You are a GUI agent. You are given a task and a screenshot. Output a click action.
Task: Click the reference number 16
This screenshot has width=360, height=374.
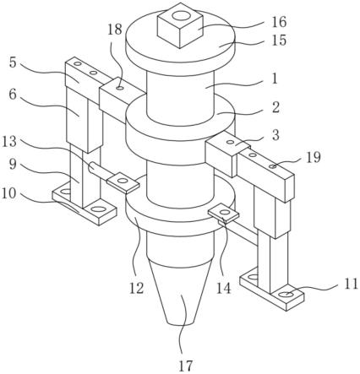[x=279, y=22]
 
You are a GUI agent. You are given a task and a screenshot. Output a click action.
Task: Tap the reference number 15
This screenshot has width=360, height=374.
[x=279, y=41]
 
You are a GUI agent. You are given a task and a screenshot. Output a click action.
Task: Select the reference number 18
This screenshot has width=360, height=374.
[x=115, y=30]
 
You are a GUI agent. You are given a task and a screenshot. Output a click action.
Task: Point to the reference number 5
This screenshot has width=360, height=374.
[x=13, y=62]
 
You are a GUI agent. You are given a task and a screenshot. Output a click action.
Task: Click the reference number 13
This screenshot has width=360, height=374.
[x=9, y=141]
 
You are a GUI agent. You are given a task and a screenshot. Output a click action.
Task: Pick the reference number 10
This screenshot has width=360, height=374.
[x=9, y=193]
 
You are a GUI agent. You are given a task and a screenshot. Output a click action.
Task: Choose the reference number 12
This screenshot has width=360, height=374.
[x=137, y=289]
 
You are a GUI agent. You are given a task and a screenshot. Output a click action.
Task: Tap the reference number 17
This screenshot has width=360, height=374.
[x=186, y=366]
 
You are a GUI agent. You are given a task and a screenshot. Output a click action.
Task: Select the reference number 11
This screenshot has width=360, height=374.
[x=351, y=285]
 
